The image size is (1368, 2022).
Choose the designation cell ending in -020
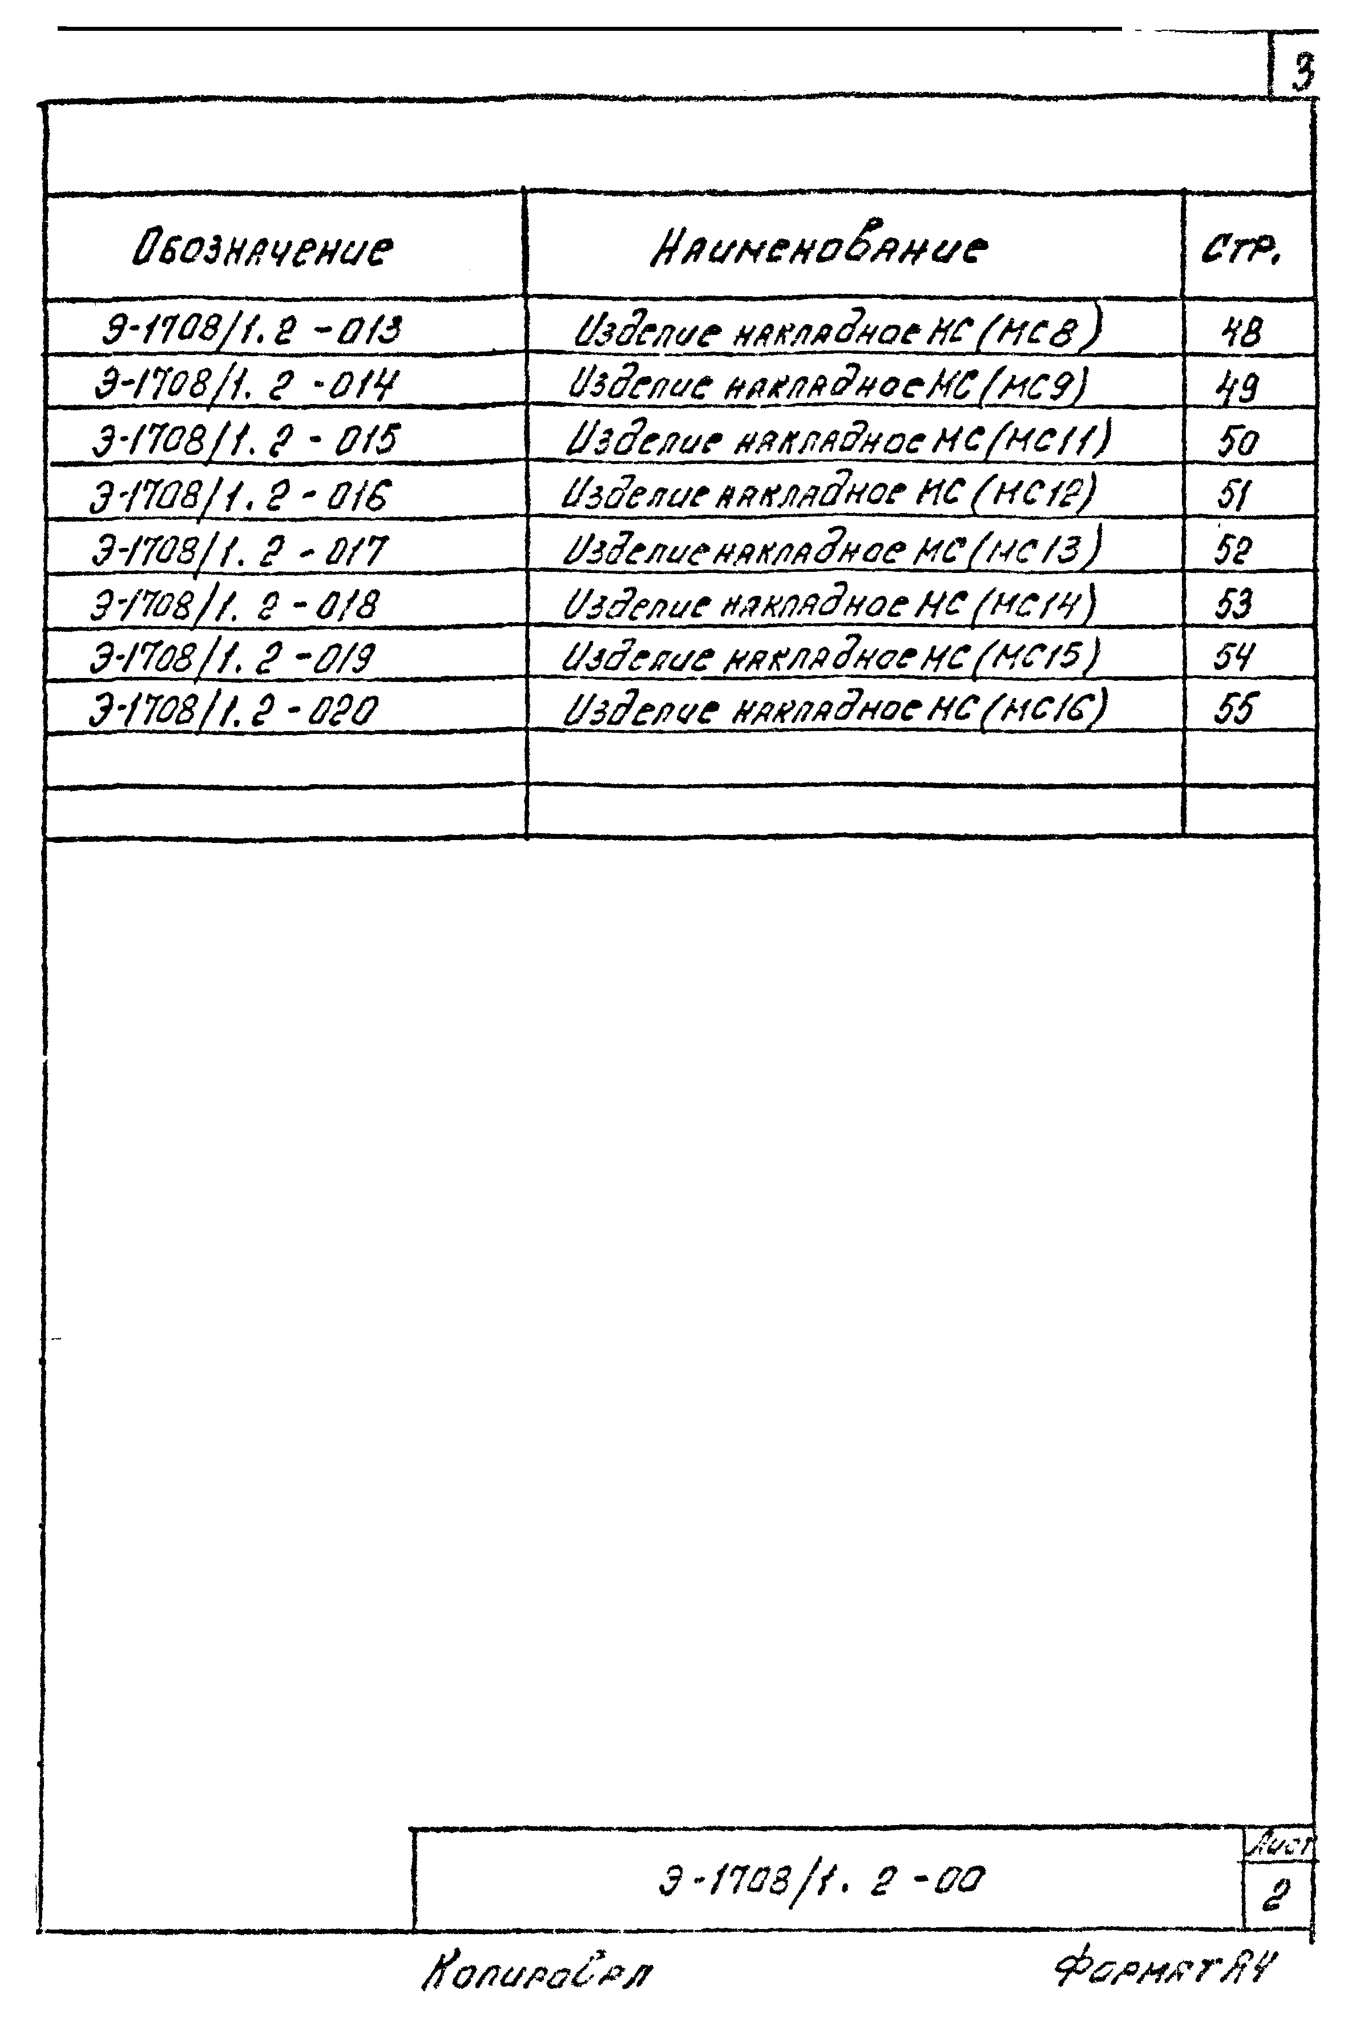pyautogui.click(x=235, y=712)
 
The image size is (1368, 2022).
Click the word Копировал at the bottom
pyautogui.click(x=539, y=1974)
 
